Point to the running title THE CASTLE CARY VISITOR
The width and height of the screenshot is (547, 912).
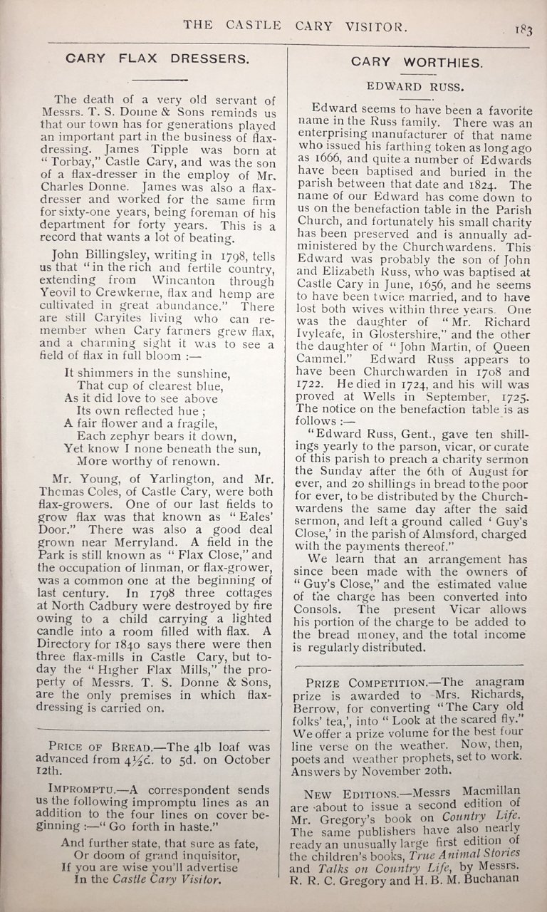point(296,26)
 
